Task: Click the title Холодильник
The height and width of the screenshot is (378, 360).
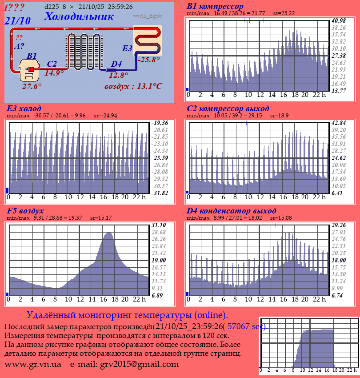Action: coord(79,17)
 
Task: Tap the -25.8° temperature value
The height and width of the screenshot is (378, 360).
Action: coord(149,59)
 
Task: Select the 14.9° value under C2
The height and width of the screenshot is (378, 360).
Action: coord(54,73)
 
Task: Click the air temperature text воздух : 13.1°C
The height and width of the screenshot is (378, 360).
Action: coord(133,86)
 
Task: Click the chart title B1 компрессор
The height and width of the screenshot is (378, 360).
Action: coord(215,7)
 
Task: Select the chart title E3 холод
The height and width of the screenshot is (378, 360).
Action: coord(24,109)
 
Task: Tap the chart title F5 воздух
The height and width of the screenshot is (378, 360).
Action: coord(25,211)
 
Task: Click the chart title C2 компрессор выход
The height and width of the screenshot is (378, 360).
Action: coord(228,109)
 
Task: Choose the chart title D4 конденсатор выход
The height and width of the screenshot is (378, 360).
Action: coord(232,211)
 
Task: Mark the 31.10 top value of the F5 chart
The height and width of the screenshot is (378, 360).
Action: coord(159,225)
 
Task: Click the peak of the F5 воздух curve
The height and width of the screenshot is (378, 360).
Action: coord(108,233)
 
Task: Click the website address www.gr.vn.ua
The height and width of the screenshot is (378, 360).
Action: coord(33,364)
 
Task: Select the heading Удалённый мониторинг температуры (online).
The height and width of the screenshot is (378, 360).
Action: coord(127,315)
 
